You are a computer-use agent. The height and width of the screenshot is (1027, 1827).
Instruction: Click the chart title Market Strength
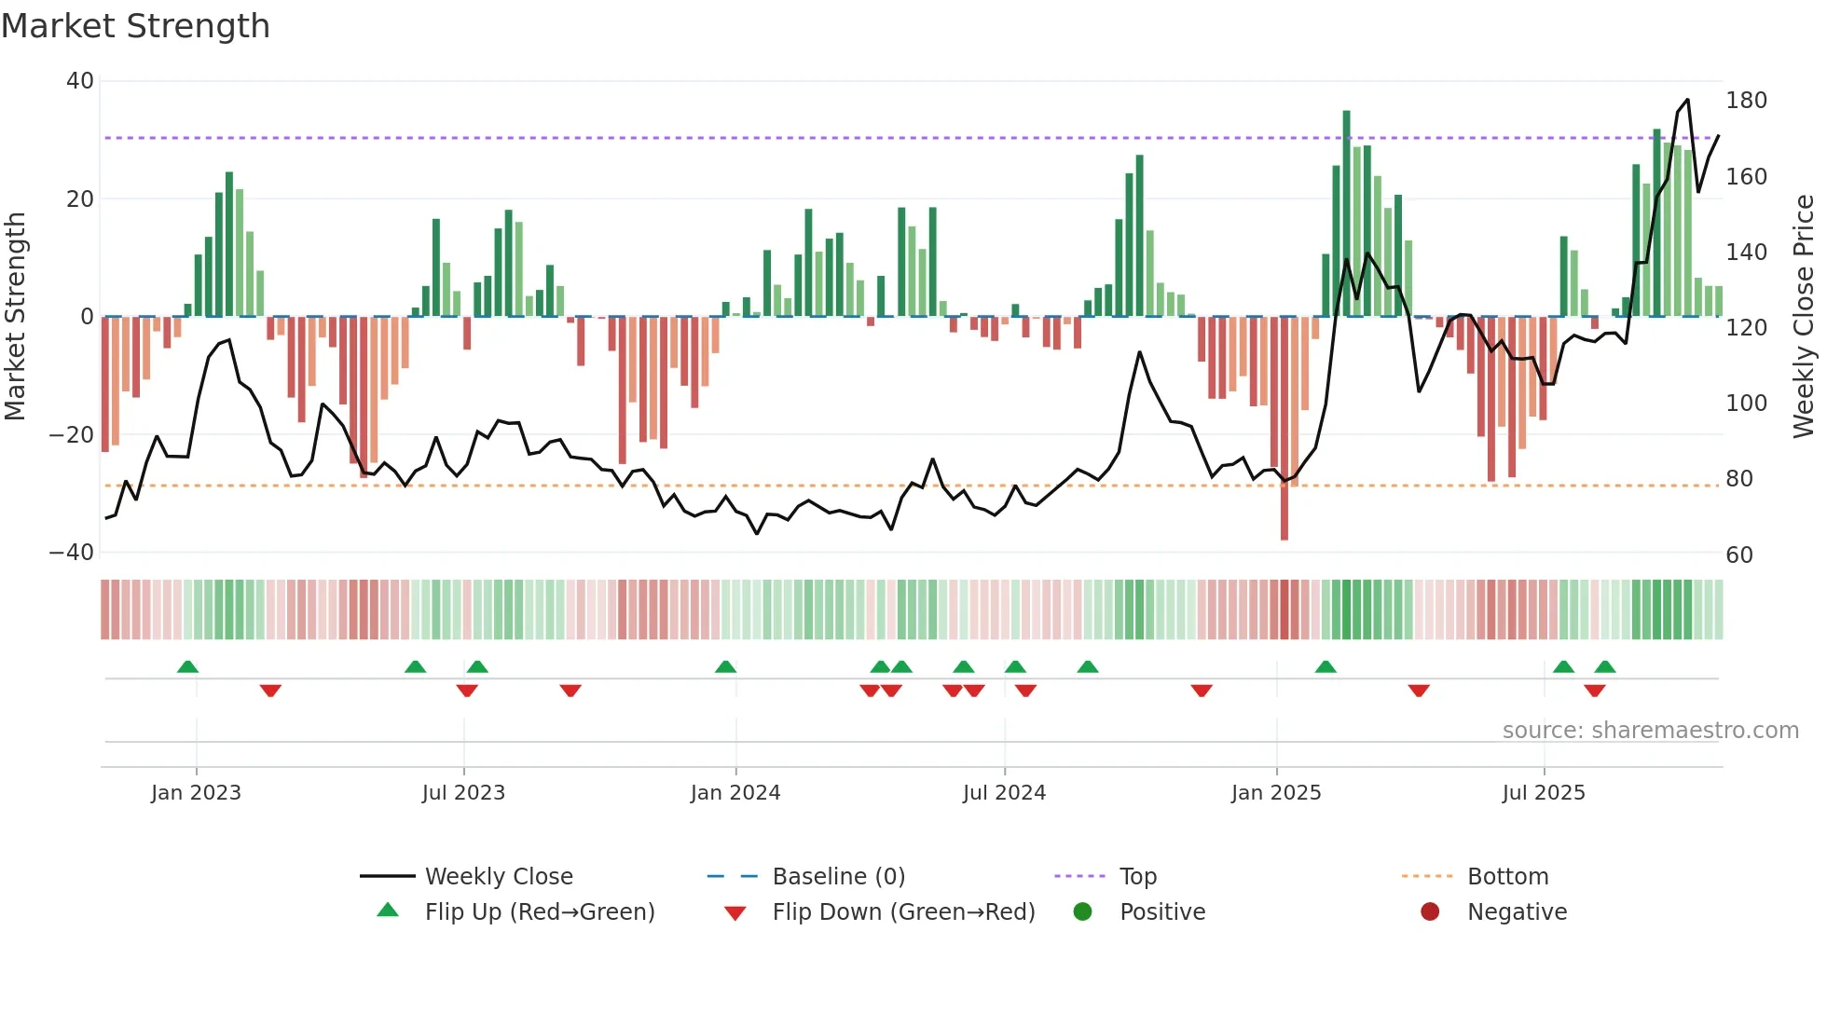pyautogui.click(x=135, y=26)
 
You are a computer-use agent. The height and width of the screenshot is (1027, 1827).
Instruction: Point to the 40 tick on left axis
pyautogui.click(x=80, y=81)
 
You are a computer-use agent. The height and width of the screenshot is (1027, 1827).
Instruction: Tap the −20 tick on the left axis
pyautogui.click(x=72, y=434)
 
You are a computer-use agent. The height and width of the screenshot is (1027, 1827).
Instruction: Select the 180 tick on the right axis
pyautogui.click(x=1746, y=101)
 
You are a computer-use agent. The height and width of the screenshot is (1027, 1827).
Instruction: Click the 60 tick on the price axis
pyautogui.click(x=1739, y=555)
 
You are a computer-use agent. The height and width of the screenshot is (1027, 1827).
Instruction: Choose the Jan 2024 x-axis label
pyautogui.click(x=735, y=793)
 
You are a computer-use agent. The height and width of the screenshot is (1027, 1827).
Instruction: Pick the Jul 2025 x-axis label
pyautogui.click(x=1544, y=793)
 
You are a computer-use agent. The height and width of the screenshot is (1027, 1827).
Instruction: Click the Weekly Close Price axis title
pyautogui.click(x=1804, y=317)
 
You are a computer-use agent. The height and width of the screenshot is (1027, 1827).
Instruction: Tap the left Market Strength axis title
pyautogui.click(x=16, y=317)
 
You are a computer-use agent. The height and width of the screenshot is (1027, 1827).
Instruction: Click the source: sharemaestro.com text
pyautogui.click(x=1650, y=731)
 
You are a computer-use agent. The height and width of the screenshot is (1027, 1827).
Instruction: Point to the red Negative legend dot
pyautogui.click(x=1430, y=911)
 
